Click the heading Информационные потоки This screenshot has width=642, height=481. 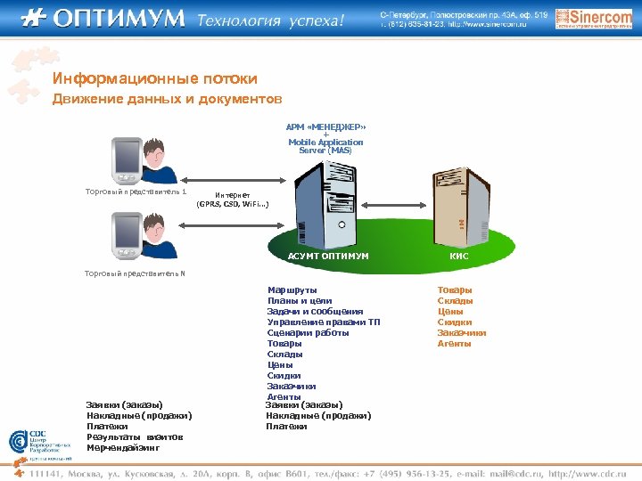tap(154, 78)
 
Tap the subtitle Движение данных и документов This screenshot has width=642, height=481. tap(166, 98)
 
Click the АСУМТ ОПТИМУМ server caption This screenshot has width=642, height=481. tap(328, 256)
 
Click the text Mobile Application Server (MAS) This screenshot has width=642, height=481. tap(325, 146)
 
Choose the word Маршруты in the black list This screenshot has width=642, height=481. tap(292, 289)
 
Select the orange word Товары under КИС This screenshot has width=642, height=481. tap(455, 289)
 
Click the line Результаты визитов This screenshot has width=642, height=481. tap(135, 436)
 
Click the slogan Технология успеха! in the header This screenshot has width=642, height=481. tap(270, 20)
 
